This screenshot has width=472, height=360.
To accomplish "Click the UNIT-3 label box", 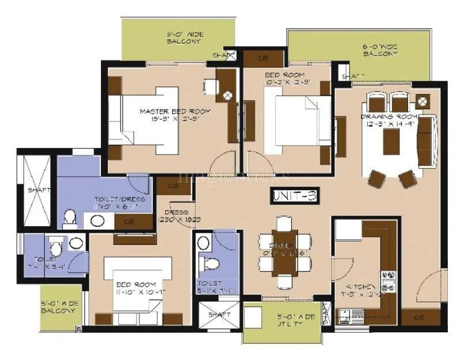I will coord(294,196).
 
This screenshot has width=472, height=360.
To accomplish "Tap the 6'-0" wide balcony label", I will coord(380,50).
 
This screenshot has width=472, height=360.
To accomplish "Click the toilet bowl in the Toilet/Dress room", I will coord(70,219).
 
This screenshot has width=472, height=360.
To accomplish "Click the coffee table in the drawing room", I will coord(391,141).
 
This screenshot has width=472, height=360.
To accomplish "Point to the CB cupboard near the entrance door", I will coord(420,317).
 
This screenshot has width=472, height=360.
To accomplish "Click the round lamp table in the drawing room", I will coord(422,101).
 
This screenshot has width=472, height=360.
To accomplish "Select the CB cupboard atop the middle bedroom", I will coord(263,58).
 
